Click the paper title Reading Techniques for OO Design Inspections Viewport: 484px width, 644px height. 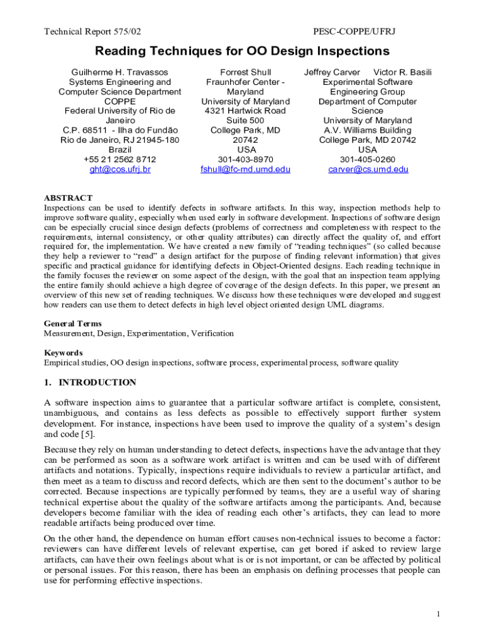[242, 52]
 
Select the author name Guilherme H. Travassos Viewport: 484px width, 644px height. [119, 72]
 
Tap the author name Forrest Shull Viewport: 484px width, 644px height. [245, 72]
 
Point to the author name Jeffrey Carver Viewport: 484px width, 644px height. [333, 72]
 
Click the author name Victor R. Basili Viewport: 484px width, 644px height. [402, 72]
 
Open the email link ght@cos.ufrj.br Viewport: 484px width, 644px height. [119, 170]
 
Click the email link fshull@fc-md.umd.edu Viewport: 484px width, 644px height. [245, 170]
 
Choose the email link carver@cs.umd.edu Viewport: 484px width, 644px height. [368, 170]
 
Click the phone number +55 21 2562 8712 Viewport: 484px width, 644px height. [119, 160]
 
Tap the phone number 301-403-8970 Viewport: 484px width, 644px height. [245, 160]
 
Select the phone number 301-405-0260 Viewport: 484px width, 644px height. [368, 160]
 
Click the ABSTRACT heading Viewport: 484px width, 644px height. [68, 198]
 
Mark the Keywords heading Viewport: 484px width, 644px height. [63, 353]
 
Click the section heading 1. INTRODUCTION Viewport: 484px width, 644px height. [90, 382]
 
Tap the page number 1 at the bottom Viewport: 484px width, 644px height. [438, 614]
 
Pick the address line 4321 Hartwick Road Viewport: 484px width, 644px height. [245, 111]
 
